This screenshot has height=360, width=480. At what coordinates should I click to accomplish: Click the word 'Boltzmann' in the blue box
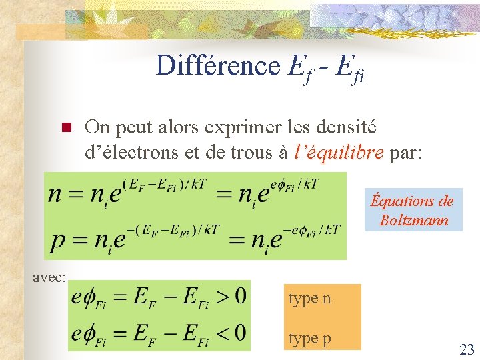pos(413,219)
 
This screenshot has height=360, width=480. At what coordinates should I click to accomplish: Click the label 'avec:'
pos(49,276)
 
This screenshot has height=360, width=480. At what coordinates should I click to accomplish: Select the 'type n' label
pos(309,299)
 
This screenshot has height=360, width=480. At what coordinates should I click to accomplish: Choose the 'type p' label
pos(309,339)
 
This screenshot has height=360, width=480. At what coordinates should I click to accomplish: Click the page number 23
pos(465,348)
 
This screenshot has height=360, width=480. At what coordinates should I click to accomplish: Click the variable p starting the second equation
pos(58,238)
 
